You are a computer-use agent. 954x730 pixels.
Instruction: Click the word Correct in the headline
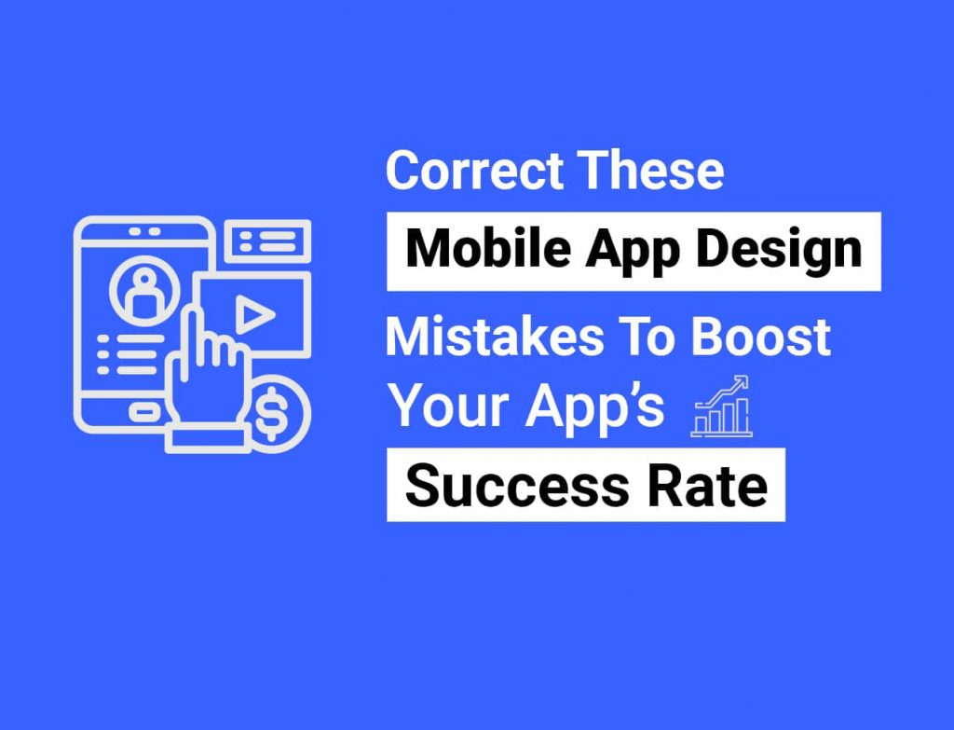pos(475,171)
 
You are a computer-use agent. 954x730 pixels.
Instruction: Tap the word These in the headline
pos(650,171)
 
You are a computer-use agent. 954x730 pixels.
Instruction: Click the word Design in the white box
pos(780,252)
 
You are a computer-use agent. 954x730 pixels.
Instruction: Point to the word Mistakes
pos(495,337)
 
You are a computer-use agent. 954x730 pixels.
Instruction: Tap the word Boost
pos(761,337)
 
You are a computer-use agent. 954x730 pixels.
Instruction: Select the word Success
pos(516,486)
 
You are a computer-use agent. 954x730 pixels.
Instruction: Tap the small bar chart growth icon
pos(722,406)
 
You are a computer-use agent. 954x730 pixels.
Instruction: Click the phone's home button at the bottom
pos(144,413)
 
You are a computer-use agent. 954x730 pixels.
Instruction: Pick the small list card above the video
pos(267,241)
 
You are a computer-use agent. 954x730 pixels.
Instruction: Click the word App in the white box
pos(633,252)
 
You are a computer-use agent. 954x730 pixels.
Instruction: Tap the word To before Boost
pos(647,337)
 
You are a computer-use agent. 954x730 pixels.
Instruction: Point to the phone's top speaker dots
pos(144,231)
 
